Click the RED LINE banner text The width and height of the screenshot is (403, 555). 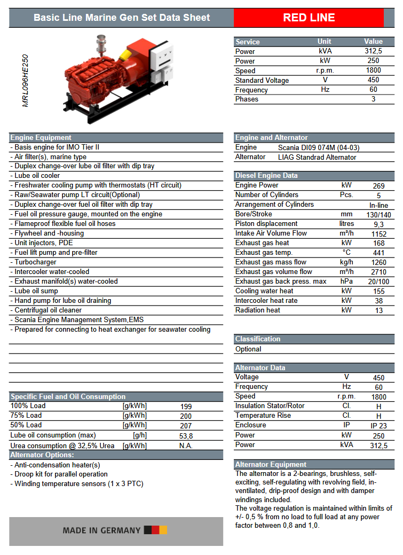click(309, 18)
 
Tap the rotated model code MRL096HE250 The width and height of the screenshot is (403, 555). click(26, 81)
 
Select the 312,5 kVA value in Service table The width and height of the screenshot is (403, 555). click(373, 51)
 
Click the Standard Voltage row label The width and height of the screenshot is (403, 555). click(262, 80)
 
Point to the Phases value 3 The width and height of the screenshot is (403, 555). click(373, 99)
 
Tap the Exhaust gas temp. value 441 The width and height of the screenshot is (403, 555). click(378, 253)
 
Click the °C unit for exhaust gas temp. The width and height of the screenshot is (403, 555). click(347, 253)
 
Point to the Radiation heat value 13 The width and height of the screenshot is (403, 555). click(378, 311)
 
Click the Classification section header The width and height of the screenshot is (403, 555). click(258, 339)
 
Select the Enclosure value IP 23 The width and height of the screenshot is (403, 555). click(378, 426)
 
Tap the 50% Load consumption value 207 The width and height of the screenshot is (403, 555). click(186, 426)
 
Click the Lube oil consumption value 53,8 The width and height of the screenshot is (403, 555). click(186, 436)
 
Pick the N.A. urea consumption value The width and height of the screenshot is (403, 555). click(186, 445)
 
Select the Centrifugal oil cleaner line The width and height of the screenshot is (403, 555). click(48, 310)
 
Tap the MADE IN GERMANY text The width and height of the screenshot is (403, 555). click(101, 530)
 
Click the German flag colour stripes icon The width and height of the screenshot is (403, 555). click(156, 530)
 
